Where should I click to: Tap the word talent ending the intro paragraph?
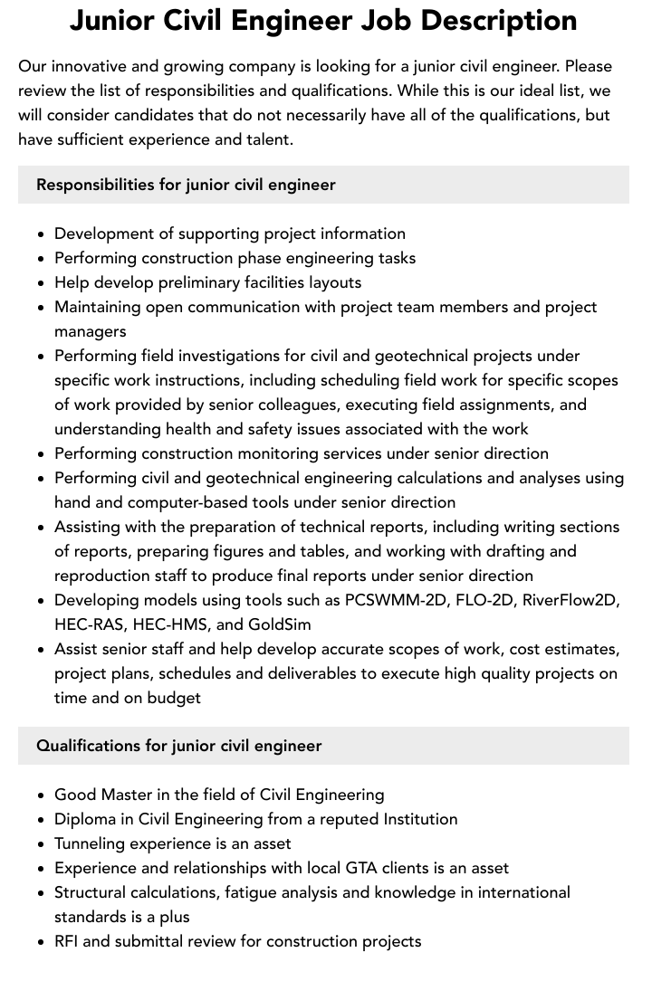pos(265,139)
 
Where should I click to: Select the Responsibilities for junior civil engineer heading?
pos(186,185)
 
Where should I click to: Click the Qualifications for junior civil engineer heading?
pos(179,746)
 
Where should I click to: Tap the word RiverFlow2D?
pos(570,600)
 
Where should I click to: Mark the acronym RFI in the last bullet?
pos(69,941)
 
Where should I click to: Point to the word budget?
pos(171,698)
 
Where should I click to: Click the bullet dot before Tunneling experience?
pos(42,844)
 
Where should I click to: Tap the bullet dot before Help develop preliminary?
pos(42,283)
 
